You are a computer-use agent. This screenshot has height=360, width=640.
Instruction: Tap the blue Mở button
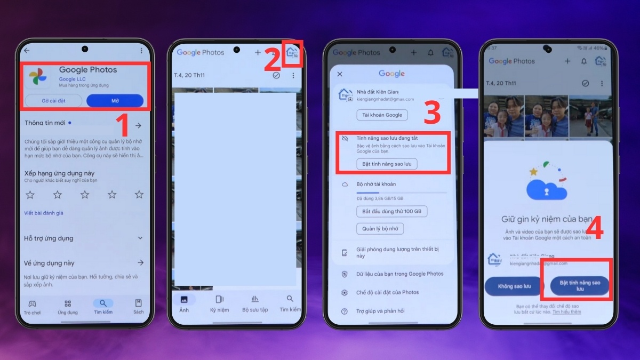point(115,101)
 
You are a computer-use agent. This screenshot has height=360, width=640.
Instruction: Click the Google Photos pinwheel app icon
point(37,77)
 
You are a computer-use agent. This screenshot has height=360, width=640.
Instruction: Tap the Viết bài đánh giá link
point(44,213)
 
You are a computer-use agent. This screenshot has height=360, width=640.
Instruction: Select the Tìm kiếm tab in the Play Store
point(103,306)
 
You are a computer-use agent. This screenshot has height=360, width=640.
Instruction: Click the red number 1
point(123,126)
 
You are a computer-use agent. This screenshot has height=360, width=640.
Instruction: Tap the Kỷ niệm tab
point(219,303)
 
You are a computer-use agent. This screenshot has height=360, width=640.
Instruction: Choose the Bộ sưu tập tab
point(255,303)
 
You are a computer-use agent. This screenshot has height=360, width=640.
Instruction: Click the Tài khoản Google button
point(382,115)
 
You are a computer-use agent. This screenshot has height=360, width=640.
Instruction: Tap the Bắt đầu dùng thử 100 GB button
point(391,211)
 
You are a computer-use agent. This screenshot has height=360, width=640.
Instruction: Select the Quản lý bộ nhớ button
point(380,229)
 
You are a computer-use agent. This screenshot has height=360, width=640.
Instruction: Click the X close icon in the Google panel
point(340,74)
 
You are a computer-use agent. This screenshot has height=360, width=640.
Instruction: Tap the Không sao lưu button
point(514,286)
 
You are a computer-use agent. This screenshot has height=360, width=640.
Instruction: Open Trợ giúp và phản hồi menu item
point(380,311)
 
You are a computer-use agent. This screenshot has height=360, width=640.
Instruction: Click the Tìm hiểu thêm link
point(566,311)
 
